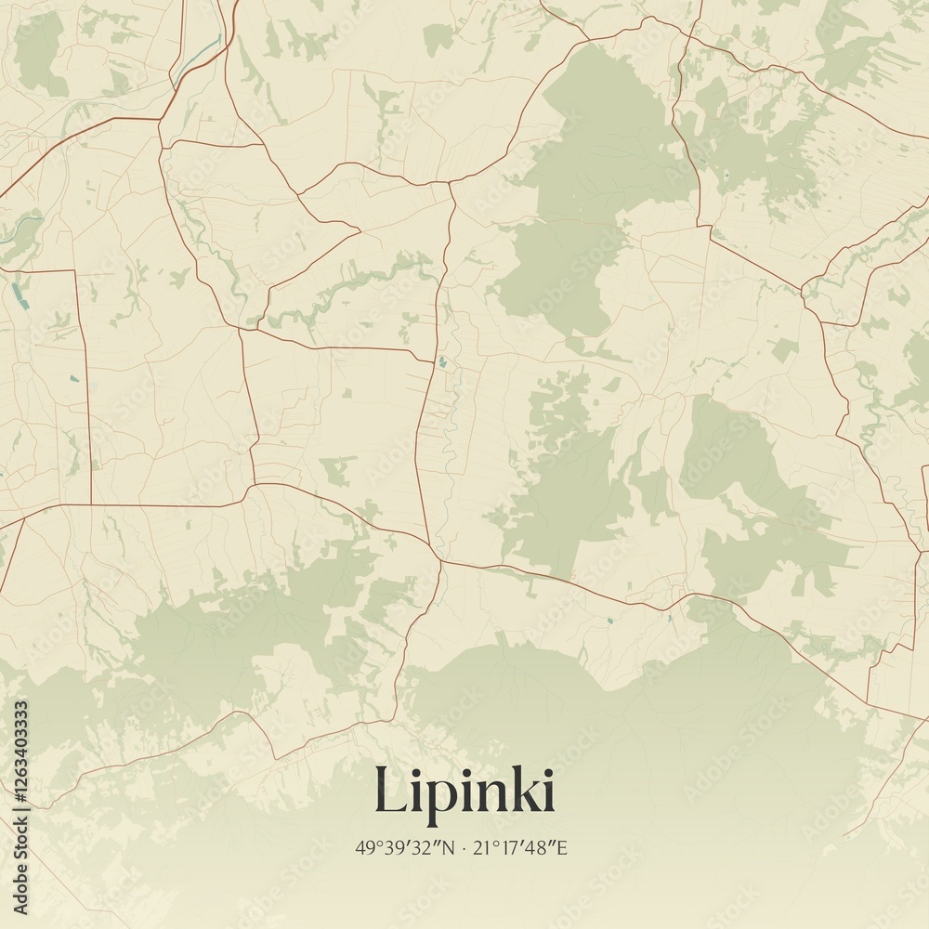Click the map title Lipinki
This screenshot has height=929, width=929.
tap(464, 791)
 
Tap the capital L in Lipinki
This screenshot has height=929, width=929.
tap(390, 791)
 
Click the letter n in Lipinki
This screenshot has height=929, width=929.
tap(491, 794)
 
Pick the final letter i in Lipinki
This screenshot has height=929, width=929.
tap(547, 791)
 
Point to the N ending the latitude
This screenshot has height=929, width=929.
tap(449, 847)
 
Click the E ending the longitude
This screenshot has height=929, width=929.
tap(562, 847)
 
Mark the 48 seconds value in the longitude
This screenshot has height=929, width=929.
tap(542, 847)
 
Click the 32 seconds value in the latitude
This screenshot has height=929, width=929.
tap(428, 847)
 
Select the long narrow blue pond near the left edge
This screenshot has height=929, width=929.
tap(15, 294)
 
